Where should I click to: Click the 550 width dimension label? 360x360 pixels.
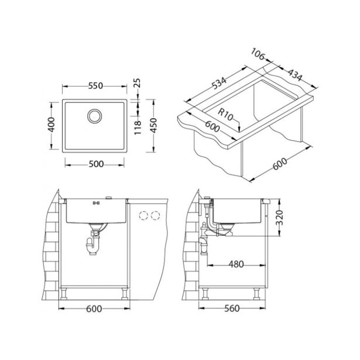coord(97,84)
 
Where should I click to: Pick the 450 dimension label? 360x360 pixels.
coord(153,125)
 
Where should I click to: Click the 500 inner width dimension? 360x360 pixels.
coord(97,164)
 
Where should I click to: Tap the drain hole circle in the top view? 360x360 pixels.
coord(94,115)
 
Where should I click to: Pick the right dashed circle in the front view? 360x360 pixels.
coord(156,215)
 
